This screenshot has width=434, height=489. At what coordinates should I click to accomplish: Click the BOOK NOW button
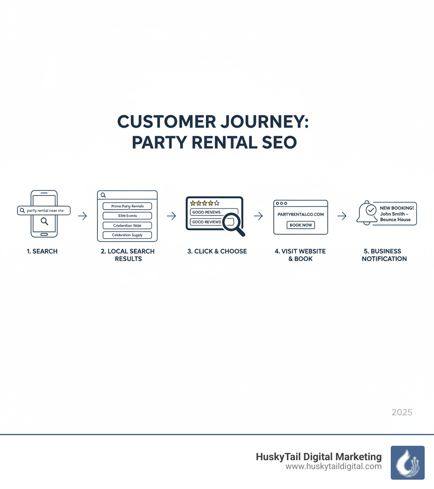(x=301, y=225)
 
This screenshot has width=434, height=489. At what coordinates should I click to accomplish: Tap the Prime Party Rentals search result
(x=127, y=206)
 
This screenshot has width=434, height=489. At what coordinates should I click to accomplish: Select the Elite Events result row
(x=127, y=216)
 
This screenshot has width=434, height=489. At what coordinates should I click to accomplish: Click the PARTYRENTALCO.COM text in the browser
(x=300, y=214)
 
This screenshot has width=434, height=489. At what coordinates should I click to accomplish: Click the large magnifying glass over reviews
(x=232, y=222)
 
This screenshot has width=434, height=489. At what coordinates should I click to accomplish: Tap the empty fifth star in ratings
(x=217, y=203)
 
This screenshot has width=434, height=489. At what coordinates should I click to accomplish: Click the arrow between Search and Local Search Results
(x=83, y=216)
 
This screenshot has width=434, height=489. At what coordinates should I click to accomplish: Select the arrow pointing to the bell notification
(x=342, y=216)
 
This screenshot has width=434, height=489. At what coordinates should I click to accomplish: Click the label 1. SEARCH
(x=42, y=251)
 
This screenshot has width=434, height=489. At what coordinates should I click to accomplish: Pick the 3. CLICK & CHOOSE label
(x=217, y=251)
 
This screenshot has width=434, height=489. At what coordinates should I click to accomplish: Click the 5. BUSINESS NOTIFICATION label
(x=384, y=255)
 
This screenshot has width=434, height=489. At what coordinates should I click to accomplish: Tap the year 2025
(x=402, y=412)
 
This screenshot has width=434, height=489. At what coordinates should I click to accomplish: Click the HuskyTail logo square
(x=407, y=462)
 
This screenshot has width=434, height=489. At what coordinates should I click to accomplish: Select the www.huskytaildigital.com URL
(x=334, y=467)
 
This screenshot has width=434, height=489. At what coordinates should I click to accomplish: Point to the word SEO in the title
(x=278, y=142)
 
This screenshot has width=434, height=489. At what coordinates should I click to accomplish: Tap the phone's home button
(x=44, y=234)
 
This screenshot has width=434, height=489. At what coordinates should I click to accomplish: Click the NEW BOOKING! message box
(x=397, y=214)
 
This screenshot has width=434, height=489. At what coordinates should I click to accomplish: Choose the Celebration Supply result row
(x=127, y=235)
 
